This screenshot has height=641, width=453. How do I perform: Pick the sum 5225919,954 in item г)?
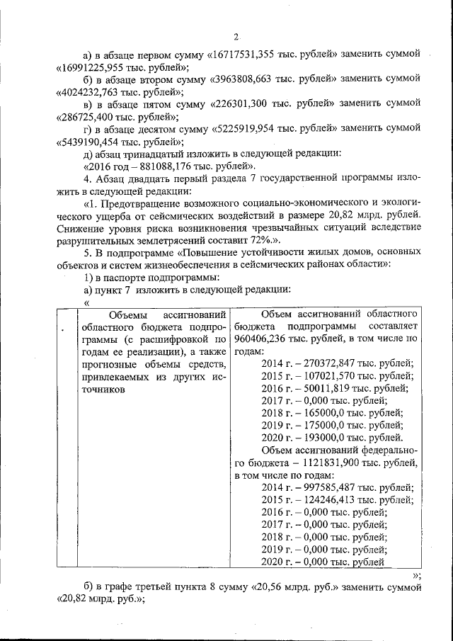tap(251, 131)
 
